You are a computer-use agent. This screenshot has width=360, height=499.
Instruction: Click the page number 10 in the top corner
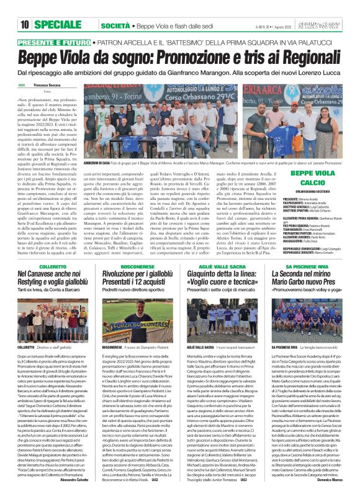point(11,8)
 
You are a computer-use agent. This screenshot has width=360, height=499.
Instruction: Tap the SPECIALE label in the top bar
point(56,8)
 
